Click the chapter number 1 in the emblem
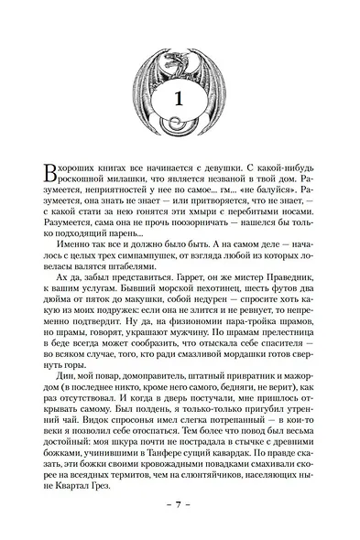click(180, 102)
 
